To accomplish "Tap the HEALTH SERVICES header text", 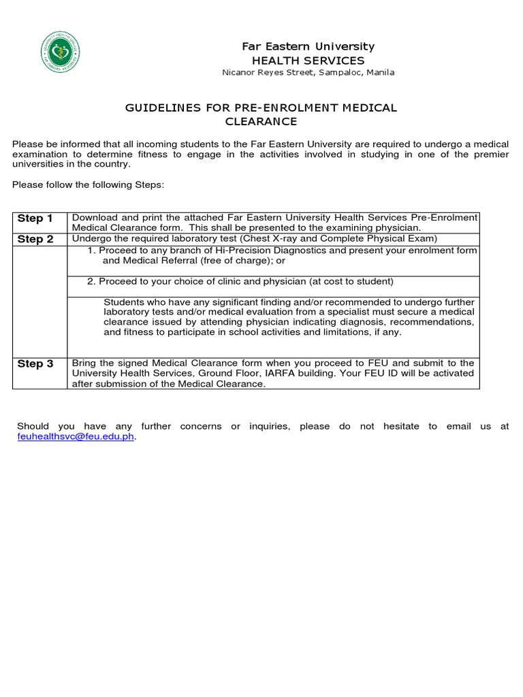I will coord(308,60).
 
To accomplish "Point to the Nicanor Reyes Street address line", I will coord(308,72).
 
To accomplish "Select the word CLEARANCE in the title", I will coord(261,121).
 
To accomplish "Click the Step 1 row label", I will coord(35,218).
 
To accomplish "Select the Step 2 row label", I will coord(35,239).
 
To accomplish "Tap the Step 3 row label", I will coord(35,363).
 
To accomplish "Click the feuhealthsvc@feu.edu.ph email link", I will coord(76,437).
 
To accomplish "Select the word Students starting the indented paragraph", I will coord(123,302).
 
